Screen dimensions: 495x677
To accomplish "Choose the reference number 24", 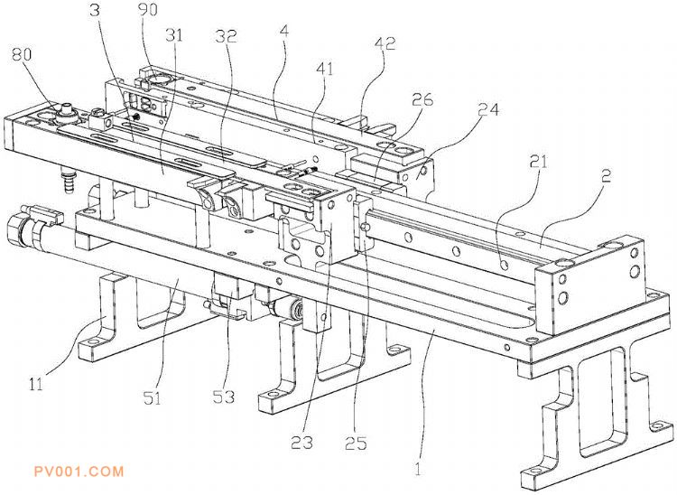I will point(491,109).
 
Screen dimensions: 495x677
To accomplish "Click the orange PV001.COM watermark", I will point(78,472).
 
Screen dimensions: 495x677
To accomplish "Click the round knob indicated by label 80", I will point(65,114).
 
